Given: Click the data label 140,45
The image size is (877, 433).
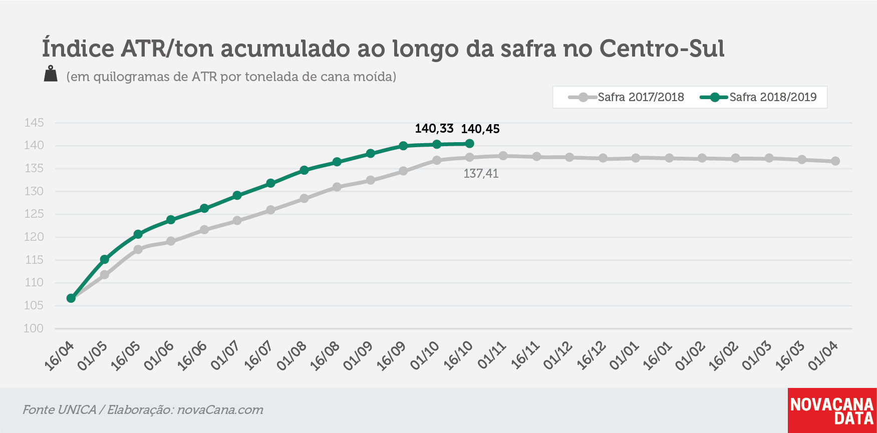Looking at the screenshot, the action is pos(480,129).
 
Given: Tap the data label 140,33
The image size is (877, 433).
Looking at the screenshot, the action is pos(434,129).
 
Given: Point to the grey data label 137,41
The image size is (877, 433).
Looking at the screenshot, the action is pos(481,174).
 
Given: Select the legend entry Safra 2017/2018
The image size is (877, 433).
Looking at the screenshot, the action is pos(627,97).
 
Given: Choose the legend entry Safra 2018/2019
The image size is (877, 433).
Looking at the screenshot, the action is pos(758,97).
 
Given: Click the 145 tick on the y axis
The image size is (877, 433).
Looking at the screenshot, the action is pos(34,123).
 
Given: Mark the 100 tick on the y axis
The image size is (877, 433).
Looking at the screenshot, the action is pos(34,328).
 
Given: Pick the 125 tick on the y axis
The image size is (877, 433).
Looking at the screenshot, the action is pos(34,214).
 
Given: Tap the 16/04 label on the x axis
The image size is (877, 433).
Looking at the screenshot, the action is pos(59,356).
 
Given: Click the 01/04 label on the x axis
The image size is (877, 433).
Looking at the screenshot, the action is pos(823,356).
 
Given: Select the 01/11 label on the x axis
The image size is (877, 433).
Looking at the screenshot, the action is pos(492,356).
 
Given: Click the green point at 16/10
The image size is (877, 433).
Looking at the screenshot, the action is pos(469,144).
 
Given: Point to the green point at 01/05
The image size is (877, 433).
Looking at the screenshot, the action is pos(105,259).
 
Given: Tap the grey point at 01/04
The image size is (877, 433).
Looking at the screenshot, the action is pos(835,161).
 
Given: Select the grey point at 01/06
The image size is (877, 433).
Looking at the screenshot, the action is pos(171,241).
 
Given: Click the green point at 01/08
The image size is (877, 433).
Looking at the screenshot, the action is pos(304,170).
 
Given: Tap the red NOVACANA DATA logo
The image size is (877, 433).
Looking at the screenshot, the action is pos(832,410).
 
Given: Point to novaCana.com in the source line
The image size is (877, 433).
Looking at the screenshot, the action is pos(220,410).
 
